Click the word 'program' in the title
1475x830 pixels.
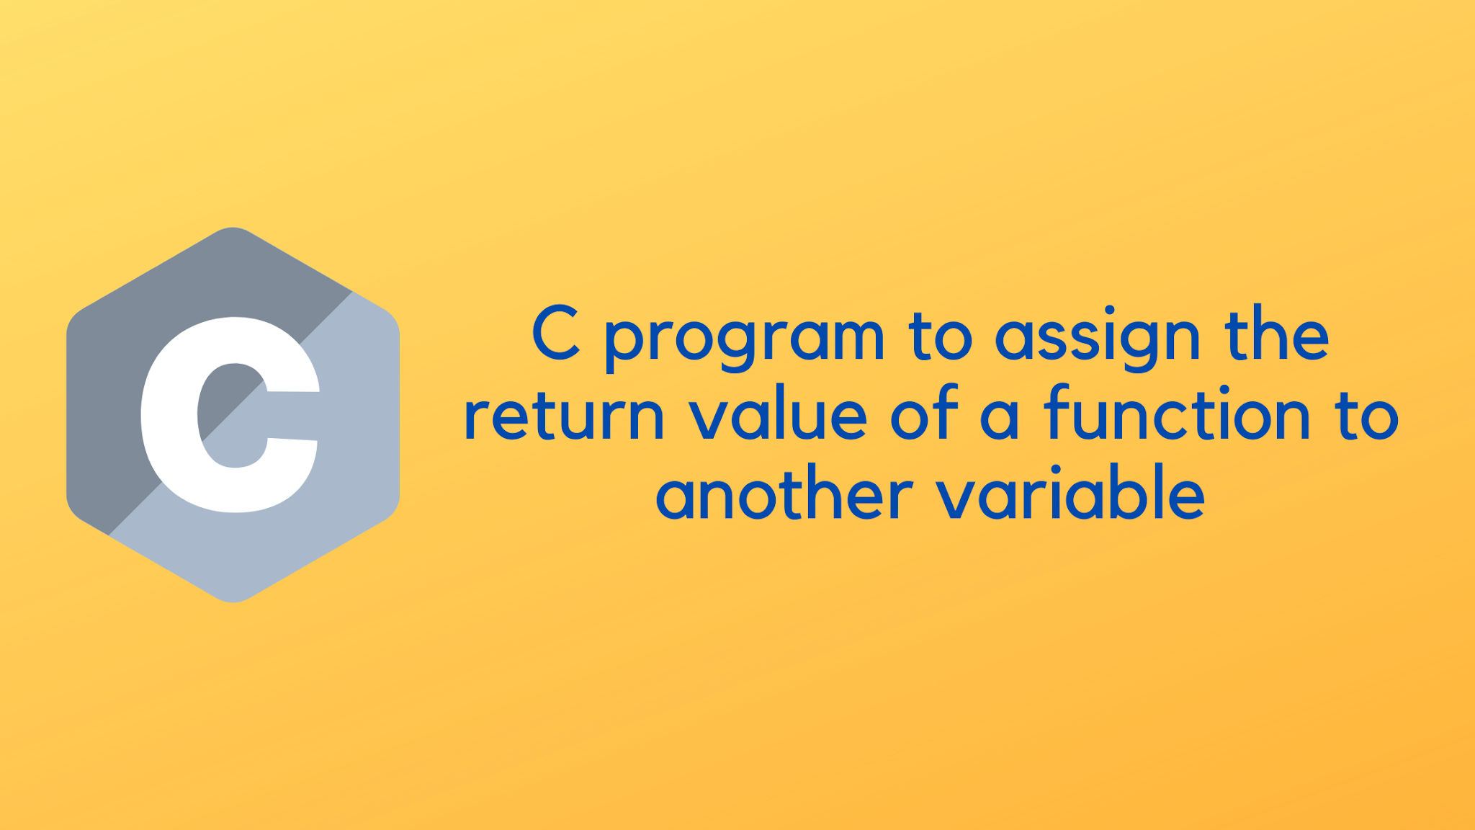click(744, 339)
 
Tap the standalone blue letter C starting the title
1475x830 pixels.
click(555, 333)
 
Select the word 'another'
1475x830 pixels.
click(784, 495)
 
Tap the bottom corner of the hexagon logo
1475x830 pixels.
click(233, 599)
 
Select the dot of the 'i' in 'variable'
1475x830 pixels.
click(1056, 470)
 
